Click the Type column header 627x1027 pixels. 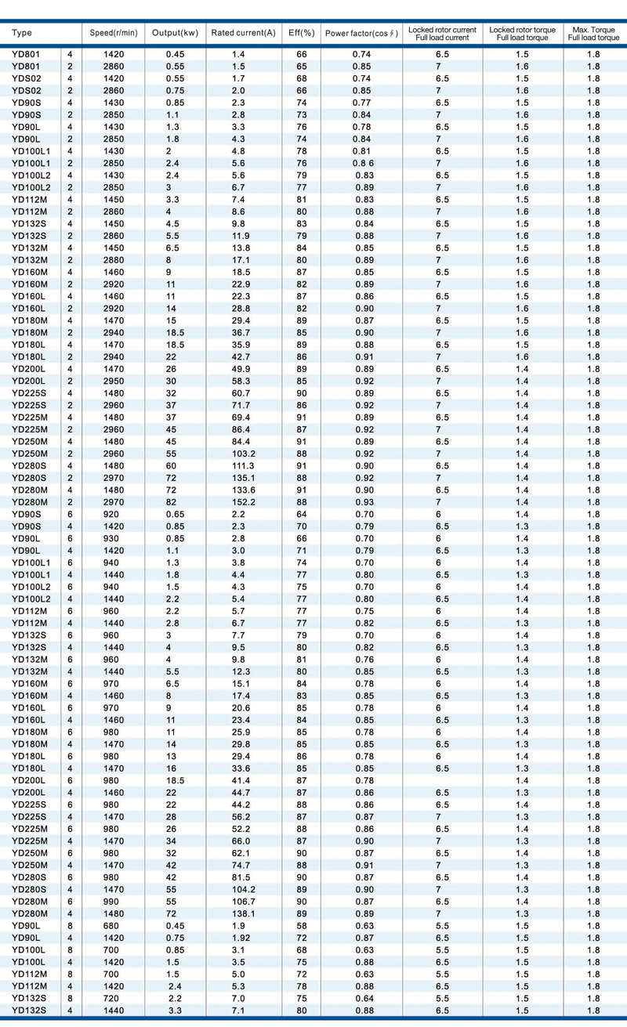[23, 33]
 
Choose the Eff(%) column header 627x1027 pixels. [302, 33]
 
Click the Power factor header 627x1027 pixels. [361, 33]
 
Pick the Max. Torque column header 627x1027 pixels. [593, 34]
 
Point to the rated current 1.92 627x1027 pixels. [241, 938]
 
